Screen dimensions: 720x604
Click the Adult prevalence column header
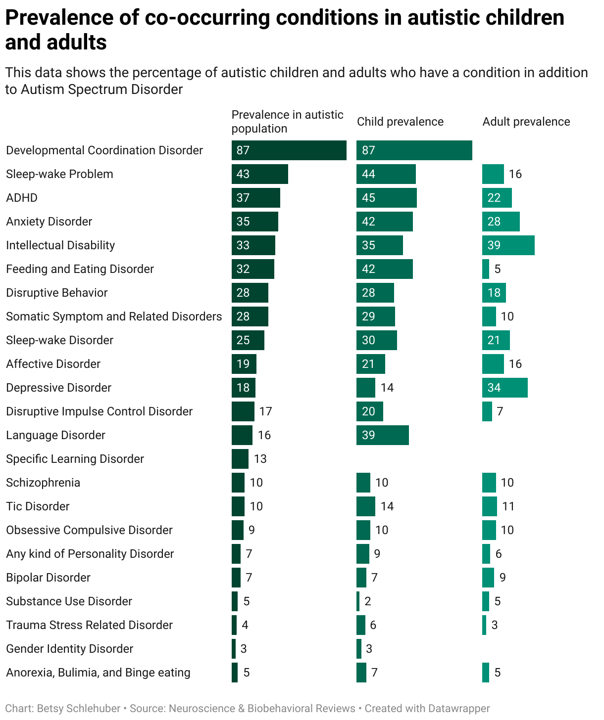click(526, 122)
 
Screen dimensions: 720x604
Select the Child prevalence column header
click(400, 122)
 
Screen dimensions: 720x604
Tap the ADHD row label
click(22, 198)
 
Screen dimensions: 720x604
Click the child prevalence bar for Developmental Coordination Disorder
click(414, 150)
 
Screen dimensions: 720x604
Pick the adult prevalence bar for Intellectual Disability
click(508, 245)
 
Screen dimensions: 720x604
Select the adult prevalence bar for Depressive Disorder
click(504, 388)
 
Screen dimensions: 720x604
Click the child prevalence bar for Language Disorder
click(382, 435)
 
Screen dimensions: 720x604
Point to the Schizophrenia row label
click(43, 483)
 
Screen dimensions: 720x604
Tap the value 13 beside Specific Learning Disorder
click(260, 459)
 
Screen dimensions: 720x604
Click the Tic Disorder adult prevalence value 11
click(508, 506)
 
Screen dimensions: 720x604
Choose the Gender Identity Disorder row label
click(70, 649)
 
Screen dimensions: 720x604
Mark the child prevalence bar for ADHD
click(386, 198)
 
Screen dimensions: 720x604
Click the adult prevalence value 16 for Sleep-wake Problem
click(515, 174)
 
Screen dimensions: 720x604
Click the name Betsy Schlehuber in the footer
click(78, 709)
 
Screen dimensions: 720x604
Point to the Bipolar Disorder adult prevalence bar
click(488, 578)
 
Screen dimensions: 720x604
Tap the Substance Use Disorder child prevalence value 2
click(367, 601)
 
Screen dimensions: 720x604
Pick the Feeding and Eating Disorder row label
click(80, 269)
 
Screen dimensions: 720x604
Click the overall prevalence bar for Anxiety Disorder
click(254, 222)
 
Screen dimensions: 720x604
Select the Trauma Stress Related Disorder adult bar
click(484, 625)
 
